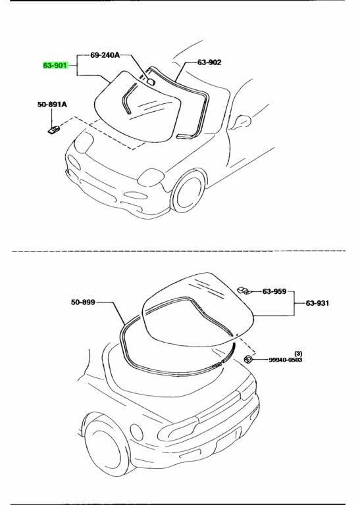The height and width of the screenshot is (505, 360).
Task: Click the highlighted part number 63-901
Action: coord(55,65)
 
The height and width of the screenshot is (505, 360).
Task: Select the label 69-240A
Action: coord(105,55)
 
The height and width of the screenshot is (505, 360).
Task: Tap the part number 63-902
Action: coord(209,62)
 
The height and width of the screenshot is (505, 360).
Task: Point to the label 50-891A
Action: coord(52,105)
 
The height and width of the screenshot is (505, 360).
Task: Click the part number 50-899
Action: coord(83,302)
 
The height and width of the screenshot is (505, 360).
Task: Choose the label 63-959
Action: coord(274,291)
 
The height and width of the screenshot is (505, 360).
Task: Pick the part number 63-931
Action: coord(317,303)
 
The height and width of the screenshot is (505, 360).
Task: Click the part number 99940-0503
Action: coord(286,360)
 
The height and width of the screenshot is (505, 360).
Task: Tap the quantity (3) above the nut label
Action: coord(298,354)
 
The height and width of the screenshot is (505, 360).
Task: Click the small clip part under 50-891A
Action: coord(53,130)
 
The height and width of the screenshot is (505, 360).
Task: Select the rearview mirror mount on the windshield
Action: coord(151,82)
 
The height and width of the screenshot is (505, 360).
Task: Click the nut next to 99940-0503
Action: coord(248,359)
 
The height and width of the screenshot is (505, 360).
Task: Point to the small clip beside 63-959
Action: coord(244,291)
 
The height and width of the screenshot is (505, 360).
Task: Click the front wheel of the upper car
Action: coord(188,191)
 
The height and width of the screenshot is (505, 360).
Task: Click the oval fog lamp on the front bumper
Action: coord(136,195)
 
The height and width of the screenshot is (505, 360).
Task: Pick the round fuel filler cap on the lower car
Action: coord(137,432)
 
